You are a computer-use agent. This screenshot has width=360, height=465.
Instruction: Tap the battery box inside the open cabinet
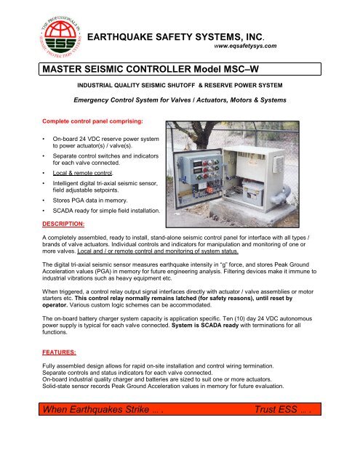pos(270,182)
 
